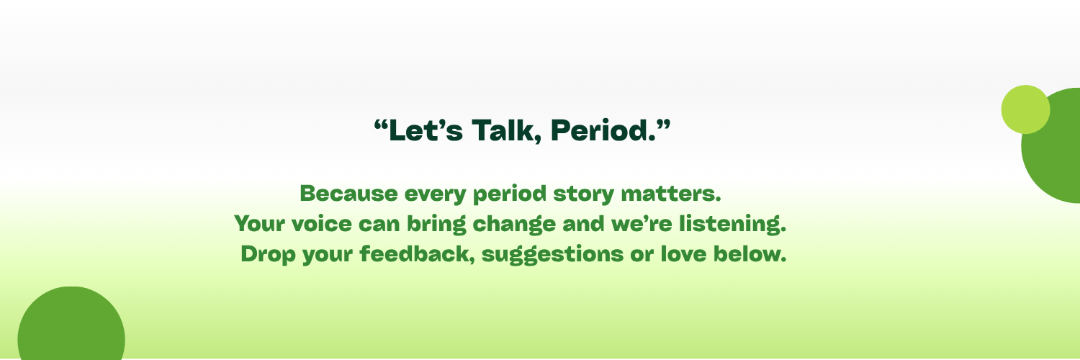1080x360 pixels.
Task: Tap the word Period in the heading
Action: [x=603, y=130]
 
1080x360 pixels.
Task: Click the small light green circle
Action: [x=1025, y=109]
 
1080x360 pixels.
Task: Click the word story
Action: [x=583, y=194]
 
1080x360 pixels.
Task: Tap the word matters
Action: [x=671, y=194]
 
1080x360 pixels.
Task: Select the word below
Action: [x=750, y=254]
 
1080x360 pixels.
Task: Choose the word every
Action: [x=436, y=194]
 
